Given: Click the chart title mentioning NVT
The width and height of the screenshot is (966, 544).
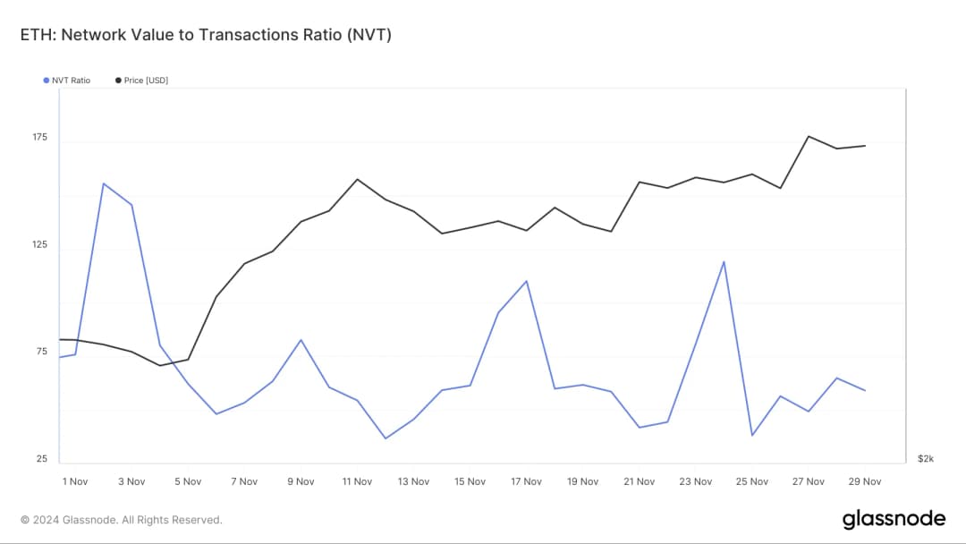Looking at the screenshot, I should tap(206, 35).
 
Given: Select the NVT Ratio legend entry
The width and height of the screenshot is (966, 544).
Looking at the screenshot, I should tap(67, 81).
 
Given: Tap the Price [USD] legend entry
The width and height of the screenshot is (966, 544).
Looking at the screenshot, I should tap(142, 81).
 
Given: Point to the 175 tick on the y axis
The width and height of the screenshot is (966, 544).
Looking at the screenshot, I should tap(41, 138).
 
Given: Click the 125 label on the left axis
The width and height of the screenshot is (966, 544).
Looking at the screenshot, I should tap(41, 245).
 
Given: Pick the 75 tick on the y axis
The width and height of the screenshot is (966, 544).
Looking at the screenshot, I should tap(41, 352).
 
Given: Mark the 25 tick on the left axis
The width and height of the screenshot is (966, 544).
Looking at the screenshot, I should tap(41, 459).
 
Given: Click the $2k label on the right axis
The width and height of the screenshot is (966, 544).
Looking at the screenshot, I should tap(926, 459).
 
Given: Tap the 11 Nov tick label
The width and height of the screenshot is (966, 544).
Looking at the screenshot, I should tap(357, 481).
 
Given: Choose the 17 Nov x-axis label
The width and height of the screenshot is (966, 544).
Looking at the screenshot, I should tap(526, 481).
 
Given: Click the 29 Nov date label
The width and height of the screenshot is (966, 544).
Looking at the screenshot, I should tap(865, 481).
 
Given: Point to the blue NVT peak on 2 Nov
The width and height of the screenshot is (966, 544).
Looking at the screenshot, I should tap(104, 183).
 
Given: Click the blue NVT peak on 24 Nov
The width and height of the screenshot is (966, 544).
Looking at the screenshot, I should tap(724, 261).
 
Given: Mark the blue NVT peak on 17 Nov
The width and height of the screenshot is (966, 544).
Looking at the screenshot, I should tap(527, 281).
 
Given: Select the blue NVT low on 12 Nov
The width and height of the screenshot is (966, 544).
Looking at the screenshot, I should tap(386, 438).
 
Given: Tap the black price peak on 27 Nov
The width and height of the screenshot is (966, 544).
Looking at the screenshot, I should tap(809, 136).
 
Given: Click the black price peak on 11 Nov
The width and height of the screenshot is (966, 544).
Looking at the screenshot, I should tap(357, 179).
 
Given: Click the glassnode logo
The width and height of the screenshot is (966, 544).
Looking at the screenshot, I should tap(894, 520).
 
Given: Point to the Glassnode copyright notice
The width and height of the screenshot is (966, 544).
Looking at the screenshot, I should tap(121, 520).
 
